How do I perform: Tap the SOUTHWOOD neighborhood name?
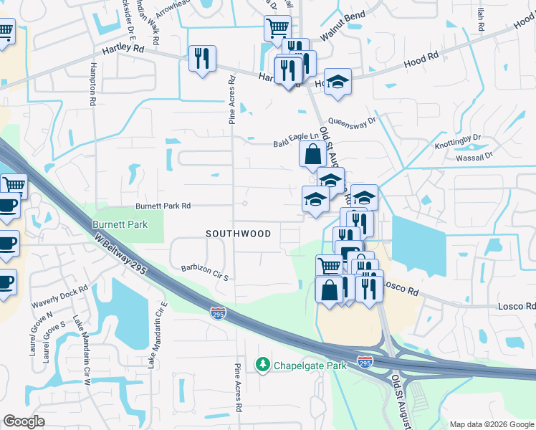(239, 234)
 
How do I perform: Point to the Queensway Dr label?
(352, 122)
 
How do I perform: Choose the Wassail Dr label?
(469, 155)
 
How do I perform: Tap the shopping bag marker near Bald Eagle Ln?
(312, 154)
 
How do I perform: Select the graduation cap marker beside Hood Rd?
(338, 82)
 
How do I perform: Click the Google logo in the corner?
(24, 421)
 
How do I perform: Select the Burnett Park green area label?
(120, 224)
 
